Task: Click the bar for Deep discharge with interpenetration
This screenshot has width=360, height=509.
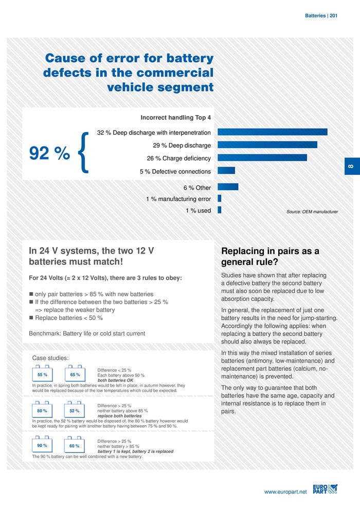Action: point(273,132)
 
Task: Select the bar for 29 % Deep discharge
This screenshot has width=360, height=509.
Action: point(267,145)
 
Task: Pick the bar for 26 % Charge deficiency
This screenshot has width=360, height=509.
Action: point(262,157)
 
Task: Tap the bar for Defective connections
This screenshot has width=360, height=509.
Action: point(226,170)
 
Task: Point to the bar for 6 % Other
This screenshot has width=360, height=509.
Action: point(228,187)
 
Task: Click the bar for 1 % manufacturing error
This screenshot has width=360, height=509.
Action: point(220,198)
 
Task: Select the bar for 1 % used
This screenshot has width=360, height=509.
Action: point(220,210)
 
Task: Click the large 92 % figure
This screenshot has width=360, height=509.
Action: point(49,153)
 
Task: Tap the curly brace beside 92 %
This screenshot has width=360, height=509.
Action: point(85,152)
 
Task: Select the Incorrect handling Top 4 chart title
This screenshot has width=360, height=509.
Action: point(176,117)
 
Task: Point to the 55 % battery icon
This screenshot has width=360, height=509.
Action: point(42,374)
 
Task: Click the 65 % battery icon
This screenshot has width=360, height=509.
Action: point(75,374)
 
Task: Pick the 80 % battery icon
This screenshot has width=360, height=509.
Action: point(42,410)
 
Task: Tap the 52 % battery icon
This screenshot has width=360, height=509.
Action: point(75,410)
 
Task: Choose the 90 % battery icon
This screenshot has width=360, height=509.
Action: point(42,445)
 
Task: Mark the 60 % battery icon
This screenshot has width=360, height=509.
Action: point(75,446)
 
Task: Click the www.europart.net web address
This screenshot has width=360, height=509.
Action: point(285,492)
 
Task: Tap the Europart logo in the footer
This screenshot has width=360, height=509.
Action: point(325,489)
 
